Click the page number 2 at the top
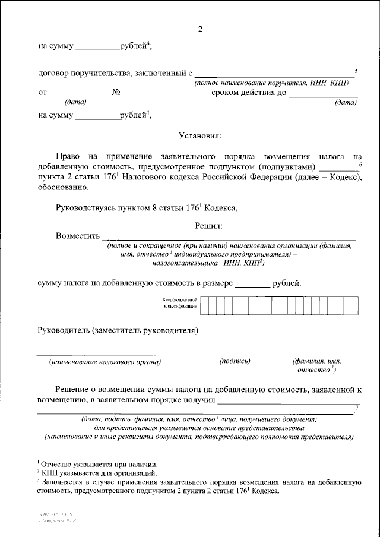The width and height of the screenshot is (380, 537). pos(200,29)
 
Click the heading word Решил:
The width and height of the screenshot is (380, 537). pos(208,225)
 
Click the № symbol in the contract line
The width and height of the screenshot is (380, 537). pos(116,93)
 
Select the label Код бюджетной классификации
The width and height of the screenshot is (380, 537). pos(179,305)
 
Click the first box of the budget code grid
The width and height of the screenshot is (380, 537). pos(205,305)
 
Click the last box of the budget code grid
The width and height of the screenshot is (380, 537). pos(354,305)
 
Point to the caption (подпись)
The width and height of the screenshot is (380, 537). pos(235,361)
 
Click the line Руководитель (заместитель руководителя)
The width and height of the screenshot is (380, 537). pos(118,330)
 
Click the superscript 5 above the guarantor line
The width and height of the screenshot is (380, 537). pos(356,70)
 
